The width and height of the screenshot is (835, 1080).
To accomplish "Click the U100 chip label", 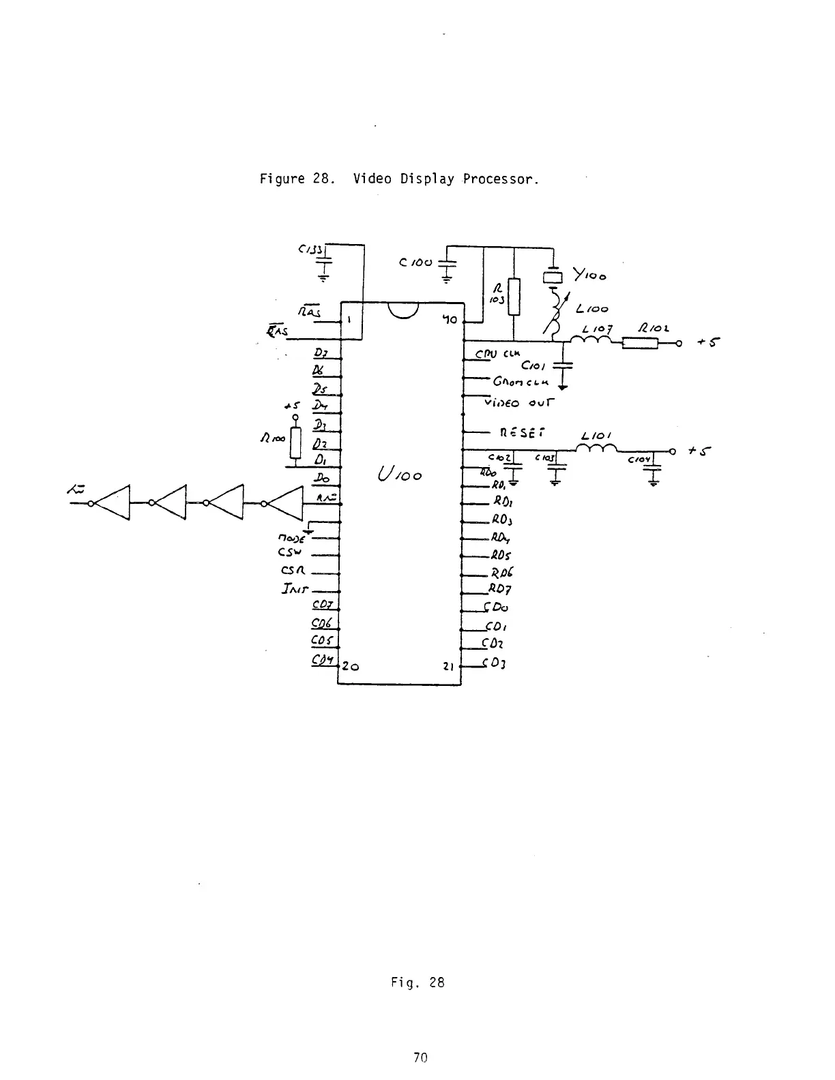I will pos(400,474).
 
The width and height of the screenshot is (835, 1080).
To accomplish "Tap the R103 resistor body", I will pos(514,297).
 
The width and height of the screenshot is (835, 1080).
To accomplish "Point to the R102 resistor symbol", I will pos(639,344).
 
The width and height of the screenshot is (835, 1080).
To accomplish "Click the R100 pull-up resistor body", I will pos(295,442).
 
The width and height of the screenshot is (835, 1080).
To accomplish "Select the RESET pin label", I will pos(522,432).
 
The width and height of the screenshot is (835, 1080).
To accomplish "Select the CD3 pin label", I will pos(494,664).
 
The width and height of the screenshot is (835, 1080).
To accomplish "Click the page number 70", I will pos(420,1057).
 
